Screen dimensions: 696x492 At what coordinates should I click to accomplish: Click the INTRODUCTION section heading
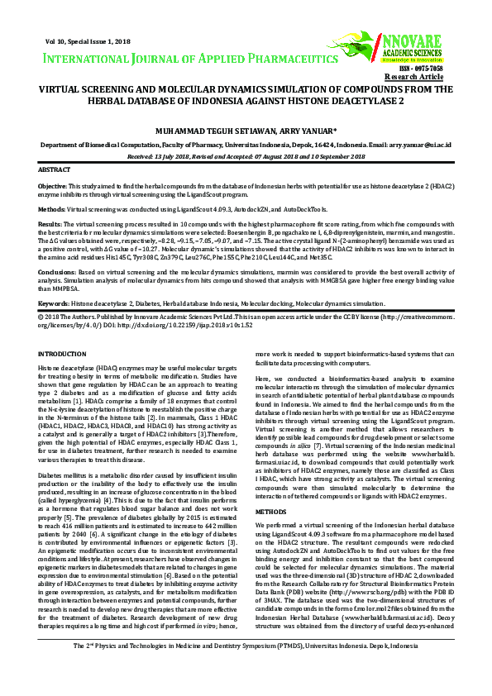(62, 354)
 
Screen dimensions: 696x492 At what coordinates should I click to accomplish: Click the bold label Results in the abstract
(50, 224)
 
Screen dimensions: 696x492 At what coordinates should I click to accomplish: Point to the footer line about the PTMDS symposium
(246, 669)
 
